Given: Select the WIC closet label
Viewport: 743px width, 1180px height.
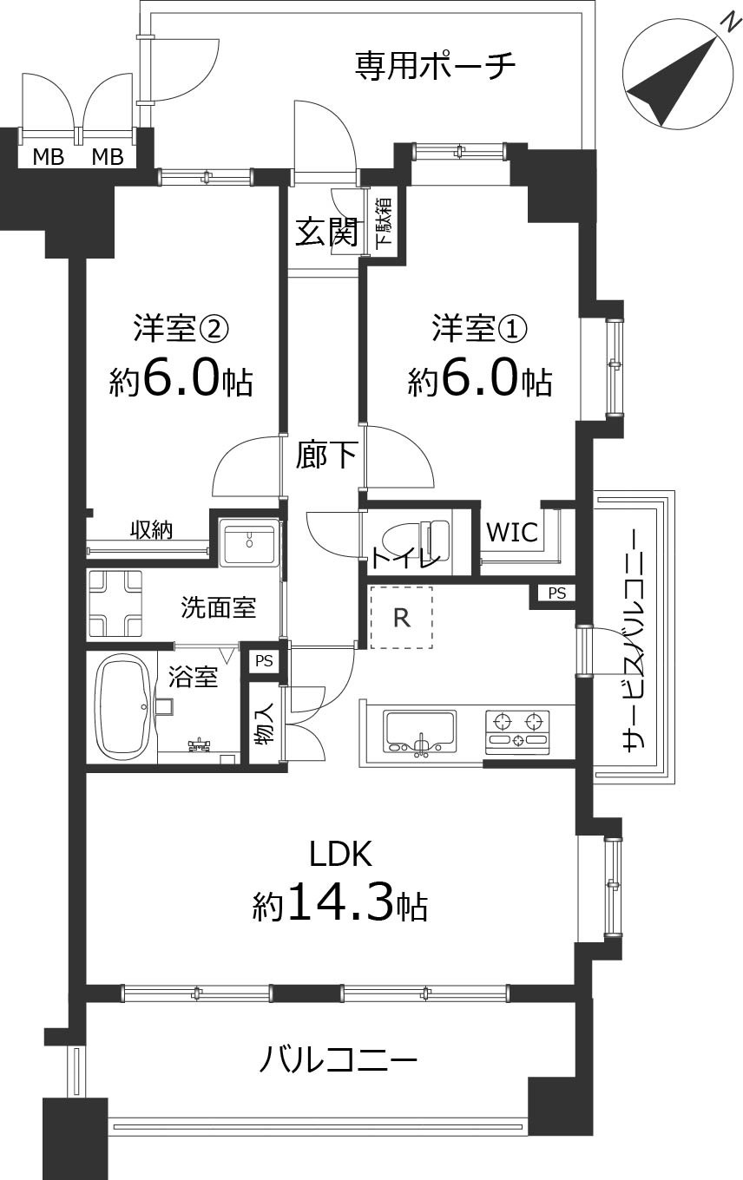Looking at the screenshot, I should pyautogui.click(x=512, y=532).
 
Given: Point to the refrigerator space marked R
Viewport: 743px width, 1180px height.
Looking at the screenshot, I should pyautogui.click(x=401, y=617).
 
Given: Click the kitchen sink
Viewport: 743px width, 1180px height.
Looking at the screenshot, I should pyautogui.click(x=420, y=731).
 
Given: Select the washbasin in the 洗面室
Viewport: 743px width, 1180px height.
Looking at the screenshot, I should pyautogui.click(x=249, y=543).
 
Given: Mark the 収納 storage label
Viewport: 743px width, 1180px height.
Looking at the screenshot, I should pyautogui.click(x=151, y=529).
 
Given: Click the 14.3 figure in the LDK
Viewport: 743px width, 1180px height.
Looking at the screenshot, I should pyautogui.click(x=339, y=903).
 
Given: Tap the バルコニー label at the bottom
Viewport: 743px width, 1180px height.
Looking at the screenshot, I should pyautogui.click(x=339, y=1059).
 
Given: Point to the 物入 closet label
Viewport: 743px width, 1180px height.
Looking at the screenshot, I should pyautogui.click(x=265, y=724).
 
